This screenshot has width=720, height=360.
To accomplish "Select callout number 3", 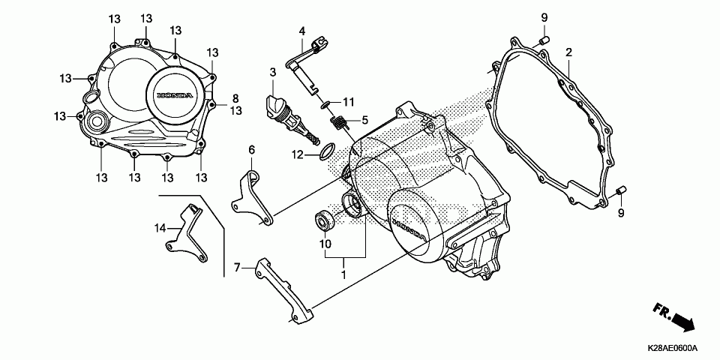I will pos(274,72).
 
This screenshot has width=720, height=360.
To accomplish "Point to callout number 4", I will pos(302,31).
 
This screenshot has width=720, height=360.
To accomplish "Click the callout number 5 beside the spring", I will pos(365,119).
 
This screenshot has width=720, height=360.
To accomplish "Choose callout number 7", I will pos(236,267).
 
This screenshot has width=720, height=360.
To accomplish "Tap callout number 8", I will pos(235,98).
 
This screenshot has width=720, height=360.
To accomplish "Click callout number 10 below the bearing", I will pos(325,244).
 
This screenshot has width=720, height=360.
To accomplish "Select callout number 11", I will pos(348,101).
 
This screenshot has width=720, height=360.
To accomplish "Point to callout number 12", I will pos(297,154).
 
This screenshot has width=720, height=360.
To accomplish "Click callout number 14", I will pos(160,227).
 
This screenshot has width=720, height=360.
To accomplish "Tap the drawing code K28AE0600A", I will pos(673,349).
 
